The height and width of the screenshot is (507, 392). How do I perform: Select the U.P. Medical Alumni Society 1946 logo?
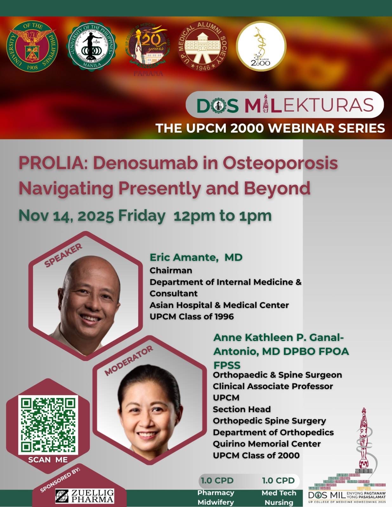point(203,46)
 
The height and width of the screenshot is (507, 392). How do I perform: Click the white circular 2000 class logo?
point(261,46)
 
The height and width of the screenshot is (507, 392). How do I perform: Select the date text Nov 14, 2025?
point(66,216)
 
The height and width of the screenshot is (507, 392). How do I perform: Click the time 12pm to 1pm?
point(223,216)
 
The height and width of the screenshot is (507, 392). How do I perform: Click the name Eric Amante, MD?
point(196,257)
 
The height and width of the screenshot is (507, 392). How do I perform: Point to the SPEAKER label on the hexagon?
point(63,255)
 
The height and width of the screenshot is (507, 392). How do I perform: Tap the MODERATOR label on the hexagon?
point(129,361)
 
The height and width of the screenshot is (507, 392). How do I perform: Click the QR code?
point(48,425)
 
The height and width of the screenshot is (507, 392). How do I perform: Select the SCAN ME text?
point(48,460)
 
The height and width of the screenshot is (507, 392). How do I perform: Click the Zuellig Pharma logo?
point(85,496)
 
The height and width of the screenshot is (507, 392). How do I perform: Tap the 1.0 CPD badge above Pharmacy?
point(217,480)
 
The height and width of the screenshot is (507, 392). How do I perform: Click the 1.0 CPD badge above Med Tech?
point(278,480)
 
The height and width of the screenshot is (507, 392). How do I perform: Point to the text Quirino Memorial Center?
point(266,444)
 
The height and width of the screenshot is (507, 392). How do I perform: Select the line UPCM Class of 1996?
point(192,317)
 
